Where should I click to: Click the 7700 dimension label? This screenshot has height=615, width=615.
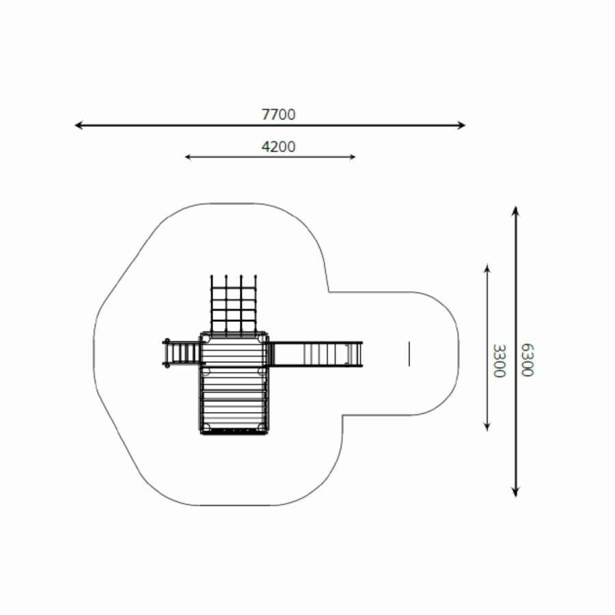[x=279, y=115]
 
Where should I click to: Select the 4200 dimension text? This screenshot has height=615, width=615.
[x=279, y=147]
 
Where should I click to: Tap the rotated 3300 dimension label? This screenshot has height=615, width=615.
[x=499, y=361]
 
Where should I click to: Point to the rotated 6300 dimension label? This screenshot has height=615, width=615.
[x=528, y=360]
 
